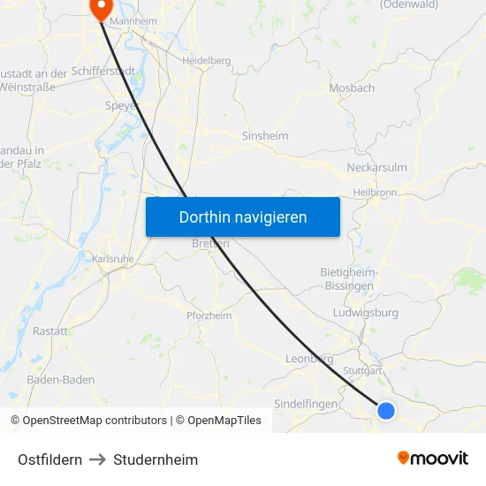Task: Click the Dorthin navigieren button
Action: tap(242, 216)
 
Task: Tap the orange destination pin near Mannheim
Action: tap(100, 8)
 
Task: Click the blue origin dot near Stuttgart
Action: tap(386, 410)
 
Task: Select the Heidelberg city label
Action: tap(206, 60)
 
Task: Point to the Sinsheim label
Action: tap(265, 136)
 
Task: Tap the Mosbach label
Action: tap(352, 87)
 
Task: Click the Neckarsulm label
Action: tap(377, 167)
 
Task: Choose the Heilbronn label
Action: tap(376, 192)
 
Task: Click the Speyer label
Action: tap(122, 105)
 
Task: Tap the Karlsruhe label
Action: tap(112, 259)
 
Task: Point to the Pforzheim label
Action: tap(209, 315)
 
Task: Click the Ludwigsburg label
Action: tap(366, 312)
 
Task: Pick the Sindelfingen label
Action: tap(307, 404)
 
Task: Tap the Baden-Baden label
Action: tap(61, 380)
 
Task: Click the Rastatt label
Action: tap(50, 330)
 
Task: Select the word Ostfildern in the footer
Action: tap(49, 459)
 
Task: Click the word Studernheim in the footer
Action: tap(156, 459)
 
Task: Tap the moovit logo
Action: tap(432, 459)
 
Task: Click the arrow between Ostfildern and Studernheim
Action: tap(97, 459)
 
